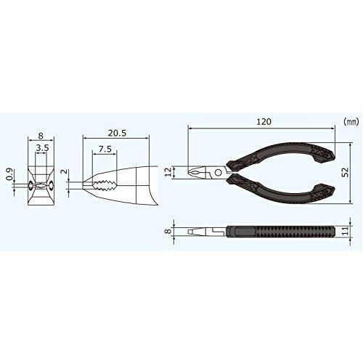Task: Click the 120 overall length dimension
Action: point(264,121)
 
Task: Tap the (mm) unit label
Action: point(351,123)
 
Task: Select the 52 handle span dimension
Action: point(346,172)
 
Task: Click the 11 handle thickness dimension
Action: point(346,231)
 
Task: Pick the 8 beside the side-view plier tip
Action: point(168,231)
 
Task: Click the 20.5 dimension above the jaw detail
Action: point(117,133)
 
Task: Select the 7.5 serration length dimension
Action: point(105,149)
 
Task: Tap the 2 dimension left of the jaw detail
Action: point(64,171)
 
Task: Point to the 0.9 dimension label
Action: point(9,174)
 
